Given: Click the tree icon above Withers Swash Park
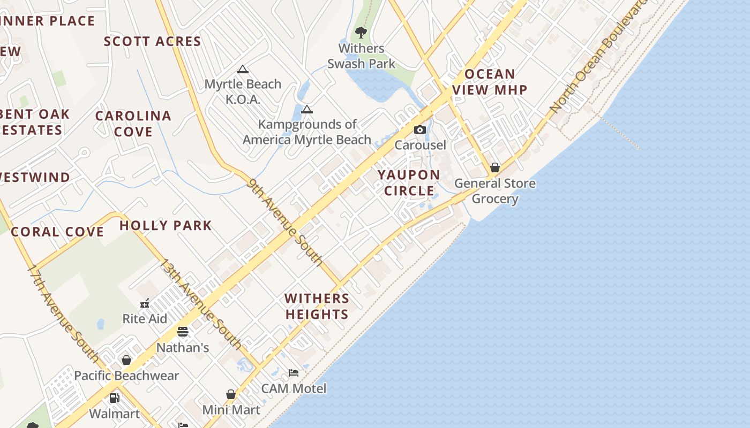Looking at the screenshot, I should [361, 32].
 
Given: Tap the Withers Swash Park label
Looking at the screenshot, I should [361, 56].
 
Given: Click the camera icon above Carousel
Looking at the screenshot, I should [420, 130].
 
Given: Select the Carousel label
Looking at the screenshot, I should [420, 145].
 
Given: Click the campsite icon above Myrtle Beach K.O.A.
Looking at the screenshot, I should [243, 69].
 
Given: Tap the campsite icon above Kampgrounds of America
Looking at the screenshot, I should [306, 110].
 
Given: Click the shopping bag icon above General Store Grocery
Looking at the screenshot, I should [495, 168].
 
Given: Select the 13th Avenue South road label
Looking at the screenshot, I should [201, 304].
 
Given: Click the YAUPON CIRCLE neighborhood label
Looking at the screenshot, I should [409, 183].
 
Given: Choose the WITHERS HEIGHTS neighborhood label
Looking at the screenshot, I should [317, 307].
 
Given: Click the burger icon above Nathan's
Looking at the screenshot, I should [183, 332].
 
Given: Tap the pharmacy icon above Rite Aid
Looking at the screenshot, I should [145, 303].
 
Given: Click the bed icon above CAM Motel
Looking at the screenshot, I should [294, 372].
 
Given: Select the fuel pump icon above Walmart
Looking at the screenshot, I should [114, 398].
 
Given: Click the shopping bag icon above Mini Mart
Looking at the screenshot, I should [231, 395].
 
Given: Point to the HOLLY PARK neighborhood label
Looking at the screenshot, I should [166, 225].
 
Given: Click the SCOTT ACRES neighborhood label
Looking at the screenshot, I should [153, 41].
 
